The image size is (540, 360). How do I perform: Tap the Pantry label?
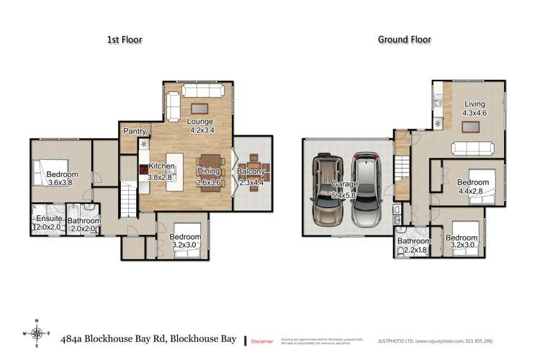tap(135, 132)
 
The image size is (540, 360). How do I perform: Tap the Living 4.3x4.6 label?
tap(474, 108)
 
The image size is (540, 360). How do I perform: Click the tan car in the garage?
tap(328, 190)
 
